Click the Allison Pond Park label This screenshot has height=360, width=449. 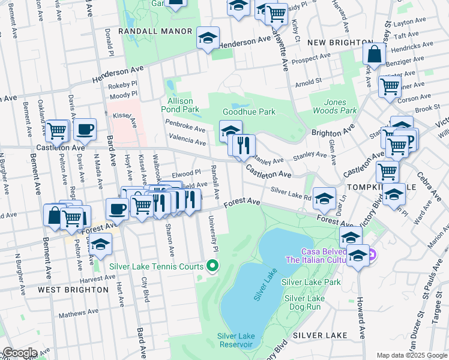coord(180,105)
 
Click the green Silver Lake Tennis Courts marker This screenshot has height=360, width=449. coord(212,265)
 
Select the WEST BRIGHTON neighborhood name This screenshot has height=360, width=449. coord(73,289)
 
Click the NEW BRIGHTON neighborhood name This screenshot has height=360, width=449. coord(339,43)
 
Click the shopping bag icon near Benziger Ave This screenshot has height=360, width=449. coord(374,54)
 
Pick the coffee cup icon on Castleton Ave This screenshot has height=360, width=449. coord(85,128)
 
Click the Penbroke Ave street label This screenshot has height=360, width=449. coord(186,129)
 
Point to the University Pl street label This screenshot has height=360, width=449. coord(212,233)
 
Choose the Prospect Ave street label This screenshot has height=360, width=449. coord(310,59)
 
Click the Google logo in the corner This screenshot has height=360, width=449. coord(19,353)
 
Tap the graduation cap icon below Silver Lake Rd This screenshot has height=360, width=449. coord(324,198)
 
